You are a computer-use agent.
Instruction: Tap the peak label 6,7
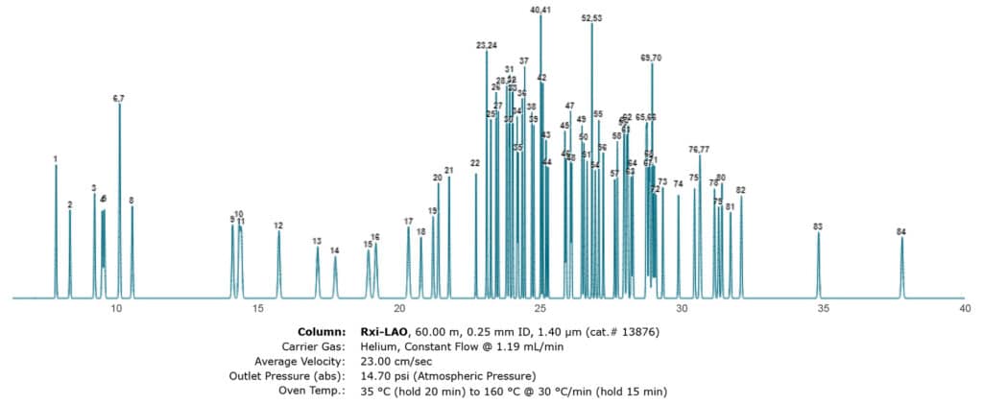pos(119,99)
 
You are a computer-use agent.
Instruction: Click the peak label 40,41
pos(540,10)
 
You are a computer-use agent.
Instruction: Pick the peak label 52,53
pos(591,18)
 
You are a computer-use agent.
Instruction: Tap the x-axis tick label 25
pos(540,309)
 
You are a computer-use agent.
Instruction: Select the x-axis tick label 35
pos(824,309)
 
